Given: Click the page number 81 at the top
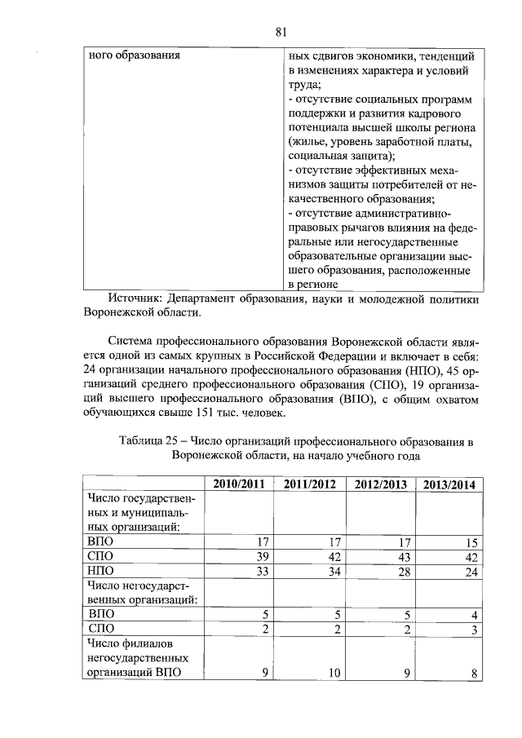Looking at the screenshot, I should pyautogui.click(x=281, y=33).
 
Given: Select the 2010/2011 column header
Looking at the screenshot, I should pyautogui.click(x=240, y=484).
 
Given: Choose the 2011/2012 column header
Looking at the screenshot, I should pyautogui.click(x=310, y=484).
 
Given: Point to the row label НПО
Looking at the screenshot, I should pyautogui.click(x=100, y=572).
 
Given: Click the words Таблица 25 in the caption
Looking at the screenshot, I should pyautogui.click(x=149, y=441).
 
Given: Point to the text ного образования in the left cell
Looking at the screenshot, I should pyautogui.click(x=134, y=56).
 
